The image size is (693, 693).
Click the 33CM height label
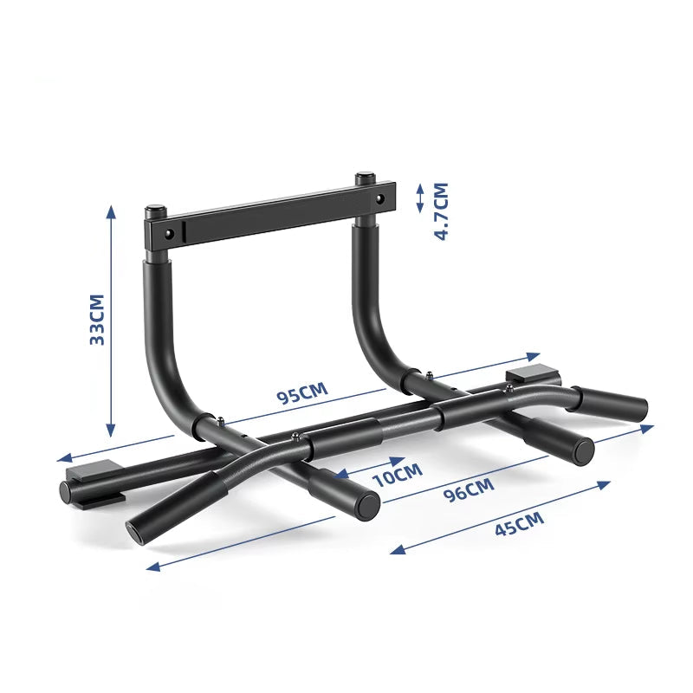(97, 320)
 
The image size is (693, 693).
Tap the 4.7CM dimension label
(441, 210)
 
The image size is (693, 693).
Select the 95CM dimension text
(302, 394)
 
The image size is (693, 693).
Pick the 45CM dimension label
(519, 524)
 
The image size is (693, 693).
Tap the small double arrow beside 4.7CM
(420, 198)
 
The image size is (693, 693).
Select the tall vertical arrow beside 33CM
(111, 321)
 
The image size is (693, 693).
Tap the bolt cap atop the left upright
(154, 210)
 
